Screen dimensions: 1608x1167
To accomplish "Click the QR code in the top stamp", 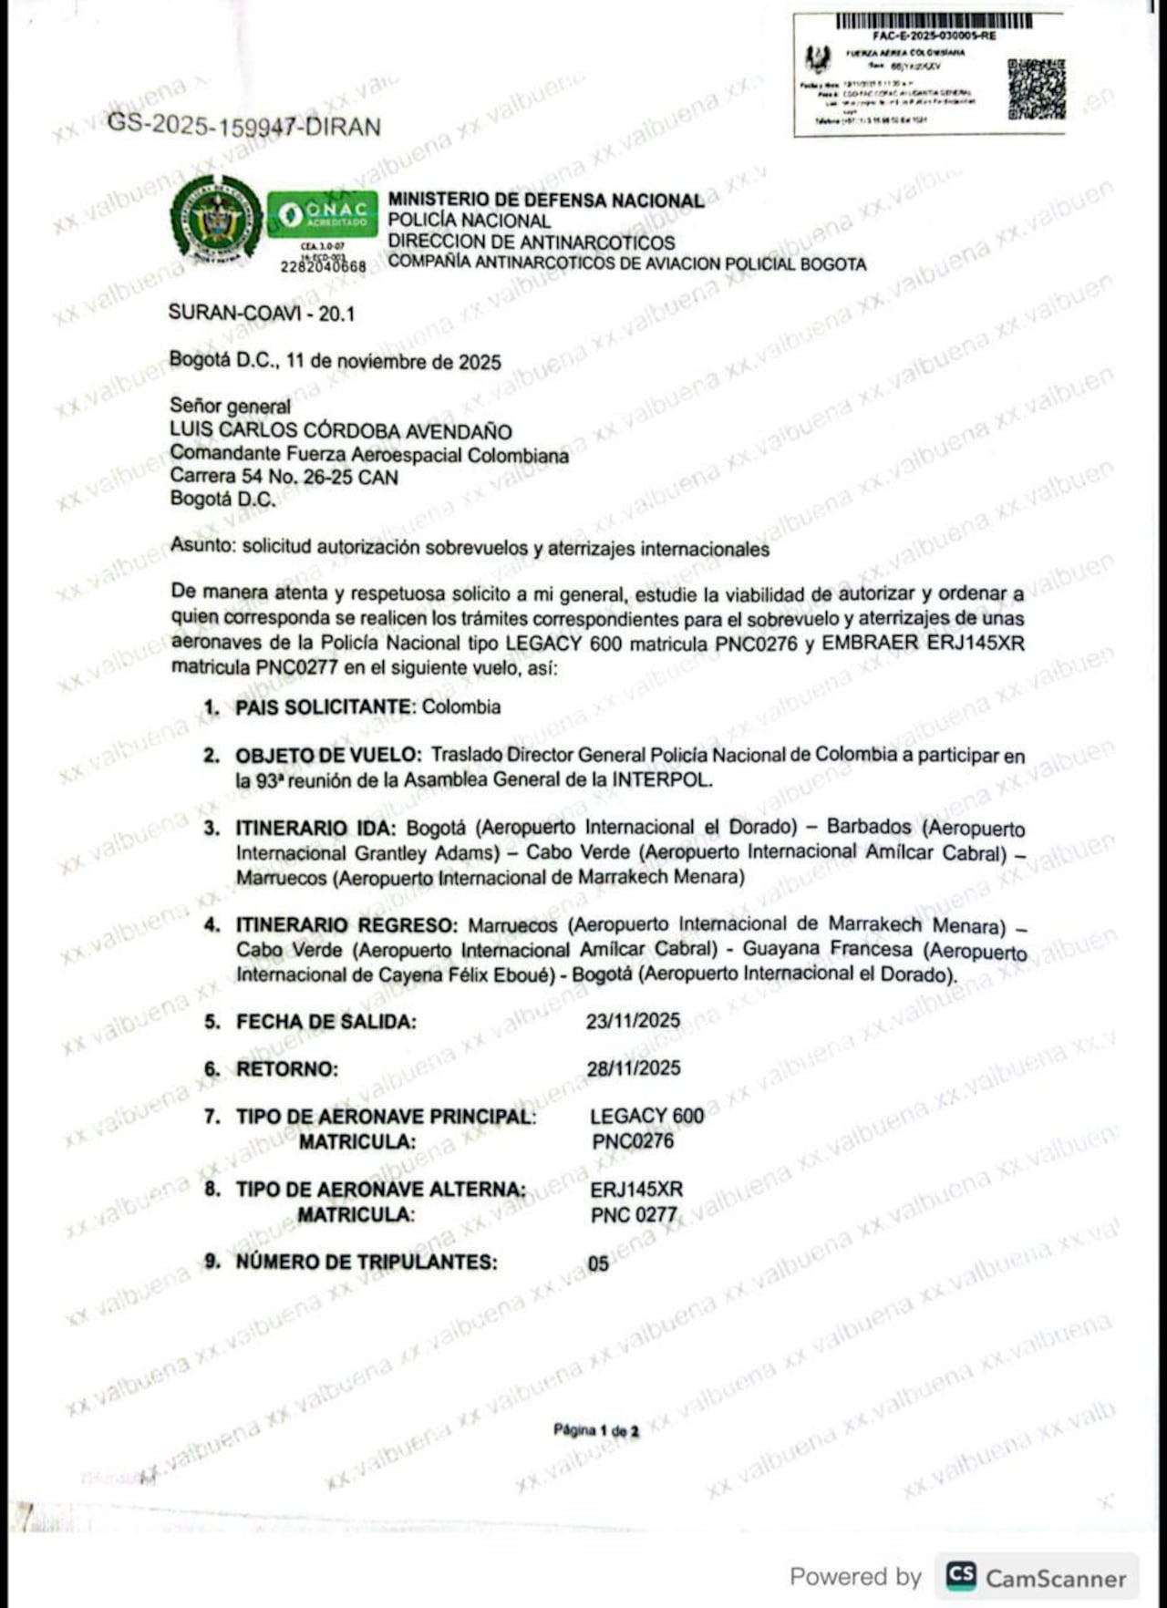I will pos(1037,89).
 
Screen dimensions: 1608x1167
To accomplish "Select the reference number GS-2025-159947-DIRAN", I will pos(244,126).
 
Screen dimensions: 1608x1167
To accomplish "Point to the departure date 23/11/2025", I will pos(633,1020).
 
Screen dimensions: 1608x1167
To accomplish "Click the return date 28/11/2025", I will pos(633,1067).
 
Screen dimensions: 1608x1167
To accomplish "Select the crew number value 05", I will pos(598,1263).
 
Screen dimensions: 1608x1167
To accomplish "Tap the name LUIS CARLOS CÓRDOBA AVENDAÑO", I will pos(341,431).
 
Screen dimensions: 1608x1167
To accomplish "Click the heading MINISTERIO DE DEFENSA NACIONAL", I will pos(546,200).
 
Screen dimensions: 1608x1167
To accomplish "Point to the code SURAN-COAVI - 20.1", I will pos(262,314).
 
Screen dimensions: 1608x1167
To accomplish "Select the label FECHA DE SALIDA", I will pos(325,1022).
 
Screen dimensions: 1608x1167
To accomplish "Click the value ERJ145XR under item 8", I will pos(635,1190).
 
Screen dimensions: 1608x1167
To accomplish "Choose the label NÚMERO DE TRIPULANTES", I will pos(367,1263).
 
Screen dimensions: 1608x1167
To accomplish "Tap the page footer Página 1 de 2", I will pos(595,1430).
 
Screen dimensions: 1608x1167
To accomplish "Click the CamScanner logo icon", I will pos(961,1576).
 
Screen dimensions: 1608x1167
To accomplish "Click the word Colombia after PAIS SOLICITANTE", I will pos(461,706).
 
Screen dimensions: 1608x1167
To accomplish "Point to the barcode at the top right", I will pos(935,22).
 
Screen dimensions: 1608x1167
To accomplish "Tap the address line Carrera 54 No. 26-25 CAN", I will pos(284,477).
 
